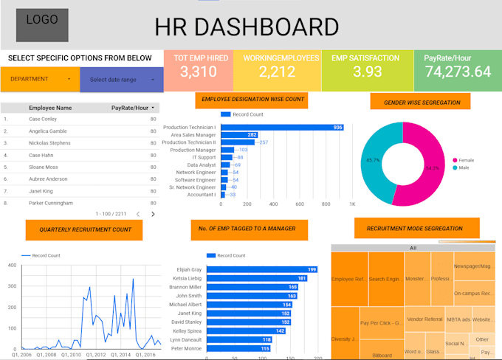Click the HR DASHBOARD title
coord(247,27)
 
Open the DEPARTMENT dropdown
coord(40,79)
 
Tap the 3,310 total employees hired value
coord(198,72)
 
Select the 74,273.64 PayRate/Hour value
coord(453,72)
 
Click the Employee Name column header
coord(50,108)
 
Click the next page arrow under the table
coord(153,214)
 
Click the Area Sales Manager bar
coord(239,135)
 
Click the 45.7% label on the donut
coord(372,160)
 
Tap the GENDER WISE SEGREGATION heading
coord(422,103)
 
